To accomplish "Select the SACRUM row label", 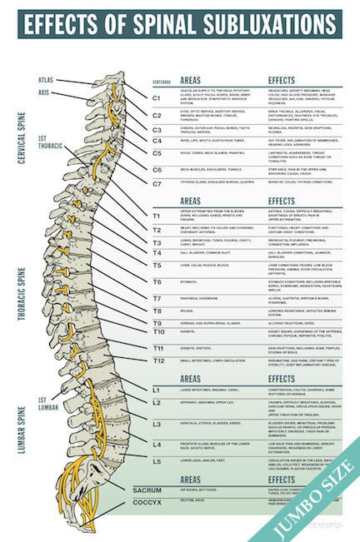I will tap(147, 490).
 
